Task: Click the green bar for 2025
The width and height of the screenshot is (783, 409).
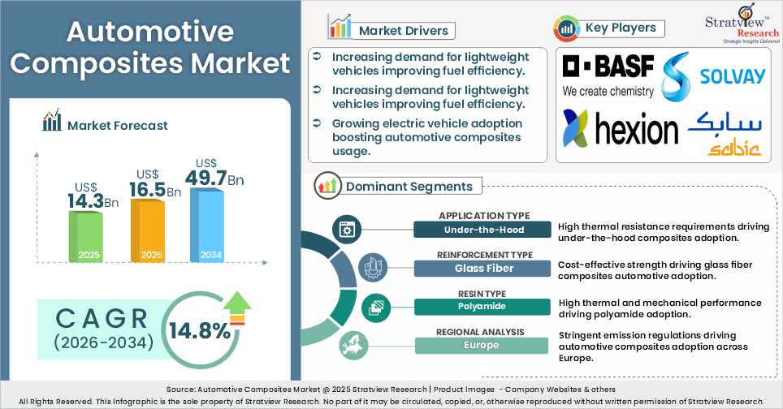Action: coord(85,236)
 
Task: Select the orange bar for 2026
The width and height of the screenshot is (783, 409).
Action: coord(147,230)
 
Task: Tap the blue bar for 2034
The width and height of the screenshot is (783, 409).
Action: coord(207,224)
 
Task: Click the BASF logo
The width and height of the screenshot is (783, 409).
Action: coord(608,75)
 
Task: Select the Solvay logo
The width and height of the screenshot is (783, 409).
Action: coord(714,75)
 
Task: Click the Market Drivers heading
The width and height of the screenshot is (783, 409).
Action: coord(402,30)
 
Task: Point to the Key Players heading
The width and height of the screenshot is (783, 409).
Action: coord(621,28)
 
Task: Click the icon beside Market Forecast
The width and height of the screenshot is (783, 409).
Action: coord(53,123)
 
